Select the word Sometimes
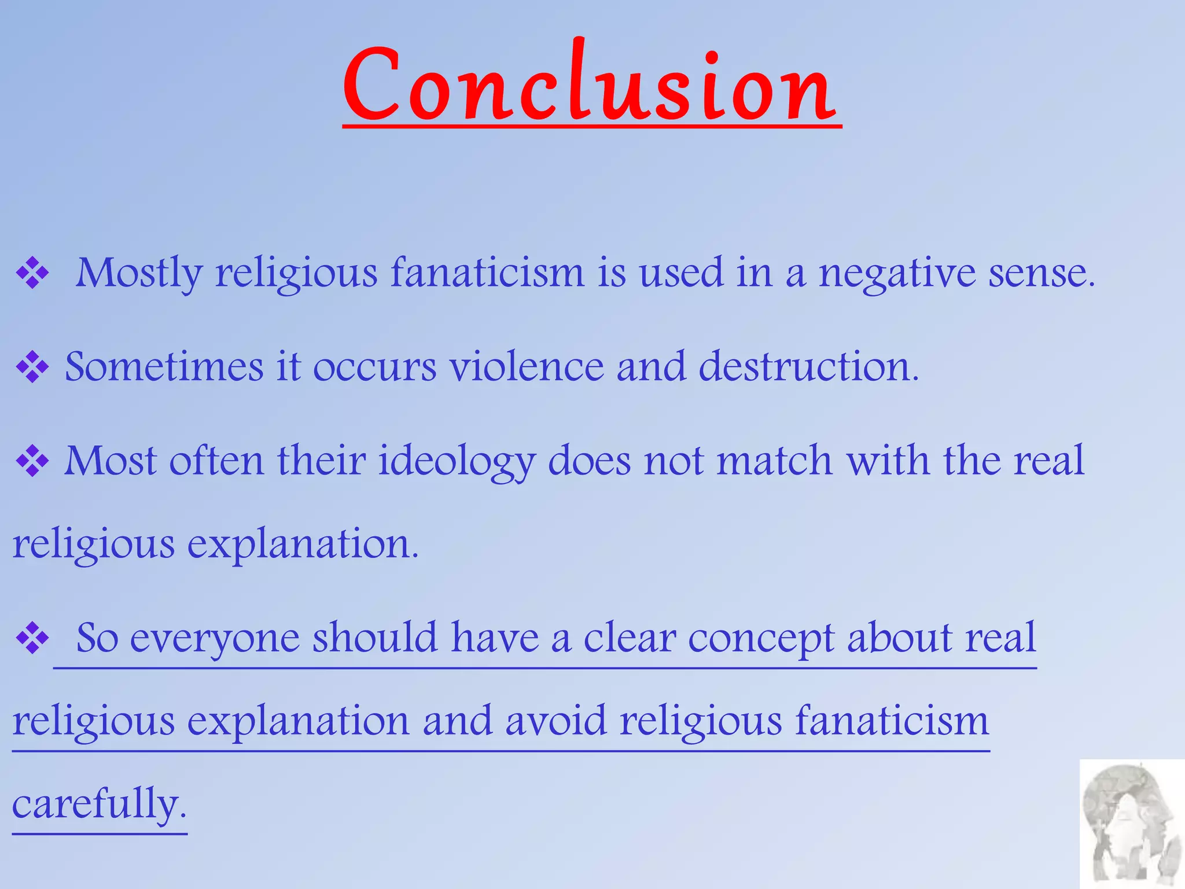164,367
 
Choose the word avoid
555,721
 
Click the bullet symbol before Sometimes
32,367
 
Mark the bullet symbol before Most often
32,461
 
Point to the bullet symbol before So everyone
32,638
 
